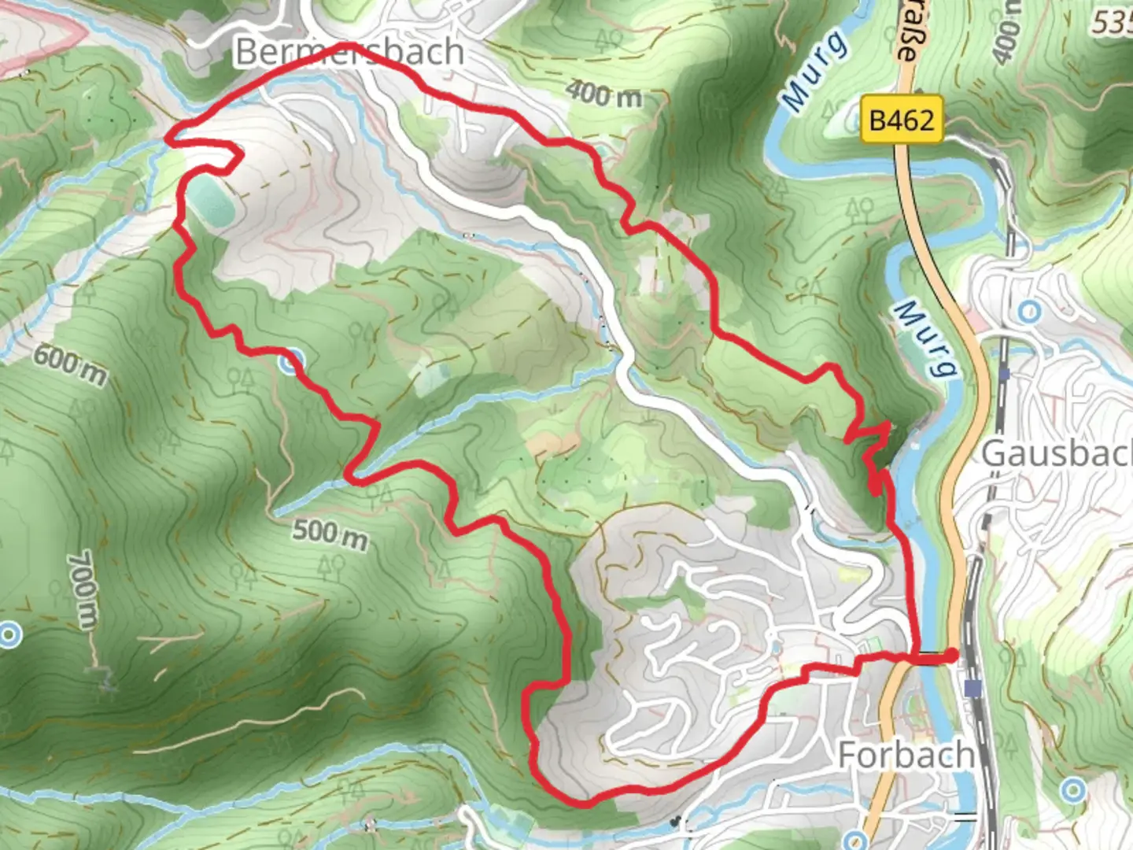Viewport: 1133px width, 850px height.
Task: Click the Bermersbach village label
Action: (x=349, y=52)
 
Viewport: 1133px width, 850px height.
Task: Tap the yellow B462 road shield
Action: (x=901, y=120)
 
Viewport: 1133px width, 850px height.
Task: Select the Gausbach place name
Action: (x=1054, y=454)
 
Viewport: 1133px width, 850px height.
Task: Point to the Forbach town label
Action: (x=906, y=755)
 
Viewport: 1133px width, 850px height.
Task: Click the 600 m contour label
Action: (x=69, y=366)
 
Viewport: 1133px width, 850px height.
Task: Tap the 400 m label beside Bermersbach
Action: (x=603, y=94)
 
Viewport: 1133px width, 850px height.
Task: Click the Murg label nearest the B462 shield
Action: (x=814, y=70)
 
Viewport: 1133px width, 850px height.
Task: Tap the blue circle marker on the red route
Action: (x=291, y=361)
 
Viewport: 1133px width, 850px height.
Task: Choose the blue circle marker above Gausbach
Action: (x=1028, y=312)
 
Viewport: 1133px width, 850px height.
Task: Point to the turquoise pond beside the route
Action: (x=211, y=201)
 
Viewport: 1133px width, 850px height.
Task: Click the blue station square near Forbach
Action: (x=974, y=689)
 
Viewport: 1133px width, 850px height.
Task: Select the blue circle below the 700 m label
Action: (x=9, y=634)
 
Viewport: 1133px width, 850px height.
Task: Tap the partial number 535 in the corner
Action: (x=1113, y=23)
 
